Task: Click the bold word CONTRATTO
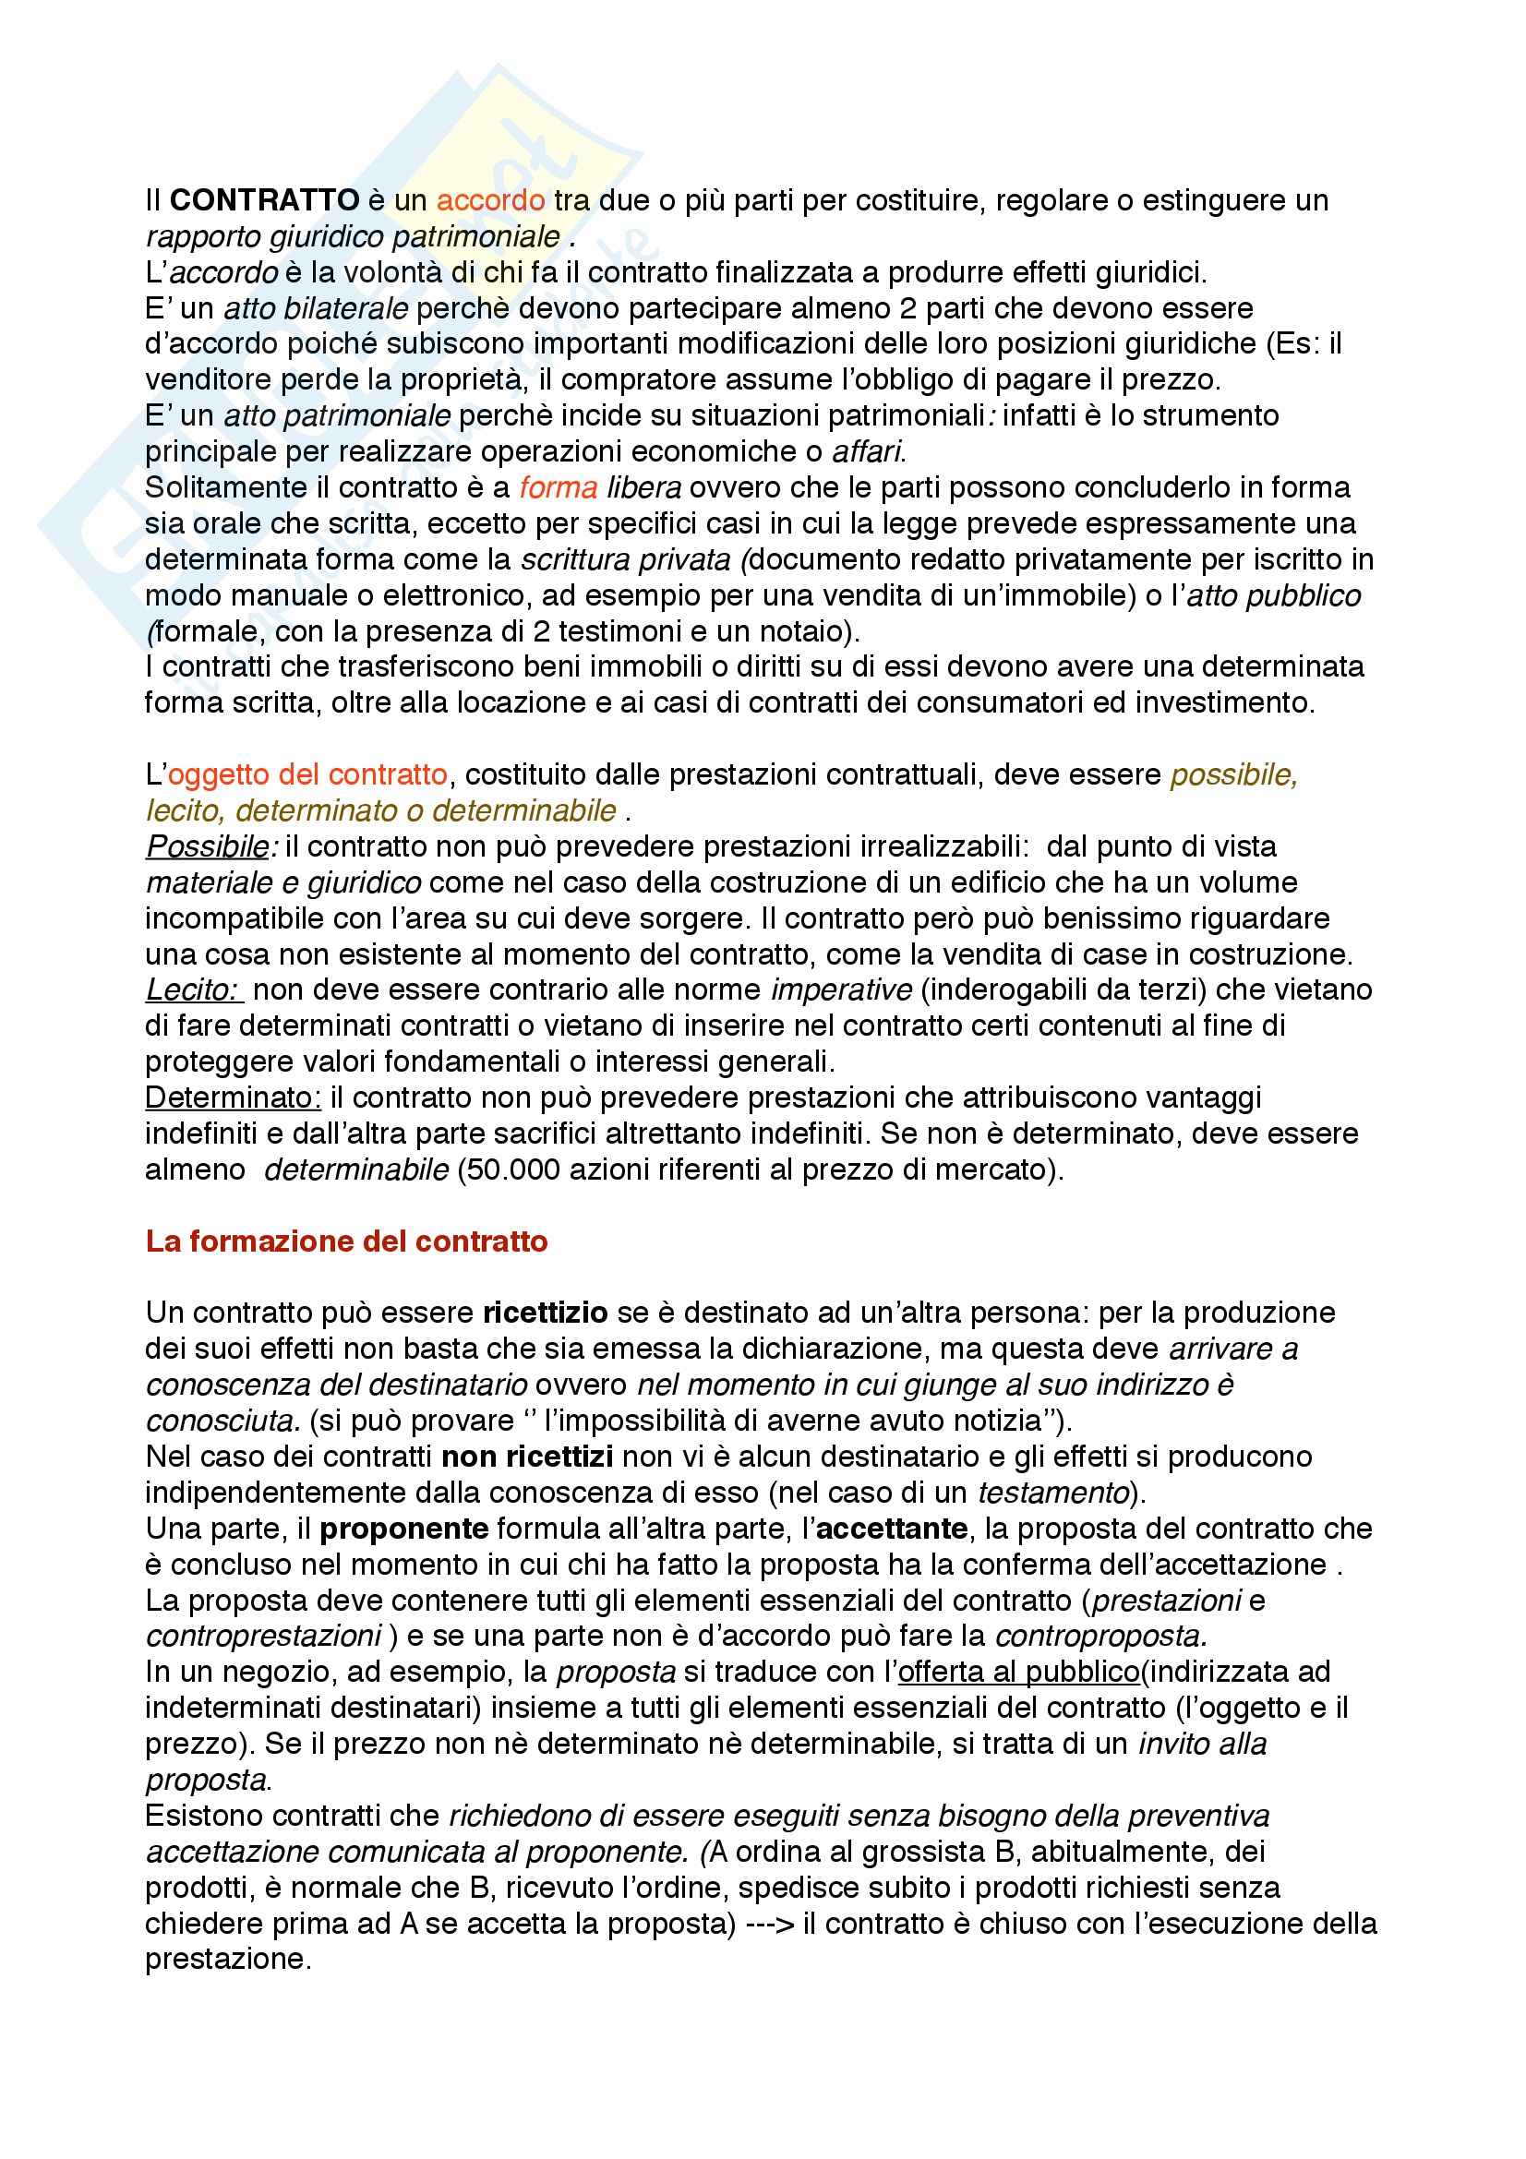click(265, 200)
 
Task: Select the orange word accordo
click(491, 200)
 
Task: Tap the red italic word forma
click(559, 487)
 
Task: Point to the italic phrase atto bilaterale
click(316, 308)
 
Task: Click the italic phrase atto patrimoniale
click(338, 415)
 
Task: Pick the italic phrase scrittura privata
click(626, 559)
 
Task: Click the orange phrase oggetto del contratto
click(307, 774)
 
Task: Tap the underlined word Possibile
click(208, 846)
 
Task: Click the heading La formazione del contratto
click(347, 1241)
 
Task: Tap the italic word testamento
click(1053, 1493)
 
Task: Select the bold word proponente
click(404, 1529)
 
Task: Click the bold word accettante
click(892, 1529)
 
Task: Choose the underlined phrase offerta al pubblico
click(1019, 1672)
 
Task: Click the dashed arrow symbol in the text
click(769, 1924)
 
